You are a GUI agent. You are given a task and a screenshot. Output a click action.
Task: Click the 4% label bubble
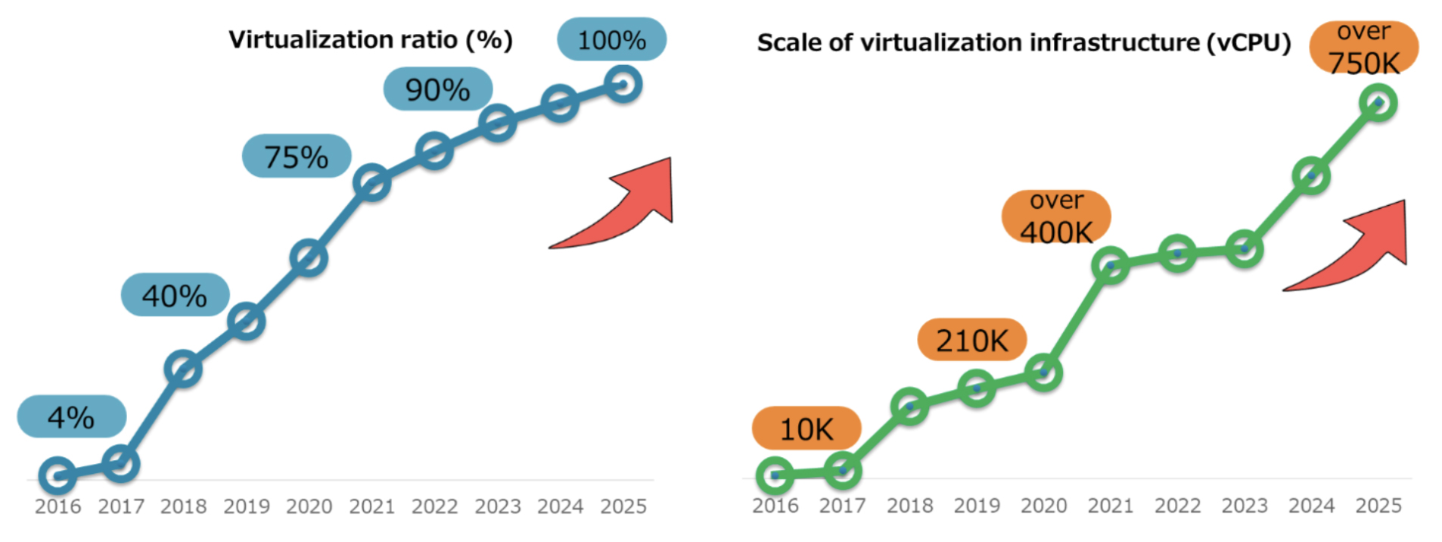71,416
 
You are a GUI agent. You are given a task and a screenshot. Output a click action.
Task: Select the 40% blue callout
175,294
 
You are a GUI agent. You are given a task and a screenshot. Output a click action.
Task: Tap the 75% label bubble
296,157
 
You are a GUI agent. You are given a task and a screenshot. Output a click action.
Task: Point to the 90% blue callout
437,89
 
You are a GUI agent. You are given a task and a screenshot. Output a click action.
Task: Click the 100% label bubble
611,39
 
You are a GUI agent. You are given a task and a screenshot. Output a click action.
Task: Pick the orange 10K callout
806,428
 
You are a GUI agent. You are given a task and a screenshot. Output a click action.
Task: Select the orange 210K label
971,340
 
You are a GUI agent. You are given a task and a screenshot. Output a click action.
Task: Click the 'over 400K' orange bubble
1056,217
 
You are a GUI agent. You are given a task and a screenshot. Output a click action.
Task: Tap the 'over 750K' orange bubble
1364,48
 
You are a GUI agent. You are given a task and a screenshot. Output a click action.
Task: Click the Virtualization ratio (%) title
371,39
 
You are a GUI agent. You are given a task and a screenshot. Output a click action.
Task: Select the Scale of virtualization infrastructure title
1024,42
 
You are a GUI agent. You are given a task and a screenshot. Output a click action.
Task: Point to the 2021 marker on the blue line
371,183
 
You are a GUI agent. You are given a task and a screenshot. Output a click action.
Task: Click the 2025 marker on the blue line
623,83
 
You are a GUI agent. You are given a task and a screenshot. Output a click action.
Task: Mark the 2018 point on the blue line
183,369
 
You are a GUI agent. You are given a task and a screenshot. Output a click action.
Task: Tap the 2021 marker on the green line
1111,265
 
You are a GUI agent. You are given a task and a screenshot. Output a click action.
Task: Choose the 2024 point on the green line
1311,176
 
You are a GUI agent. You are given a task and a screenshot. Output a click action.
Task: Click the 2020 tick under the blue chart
309,506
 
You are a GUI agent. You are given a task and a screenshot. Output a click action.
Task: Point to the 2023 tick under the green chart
1245,506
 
